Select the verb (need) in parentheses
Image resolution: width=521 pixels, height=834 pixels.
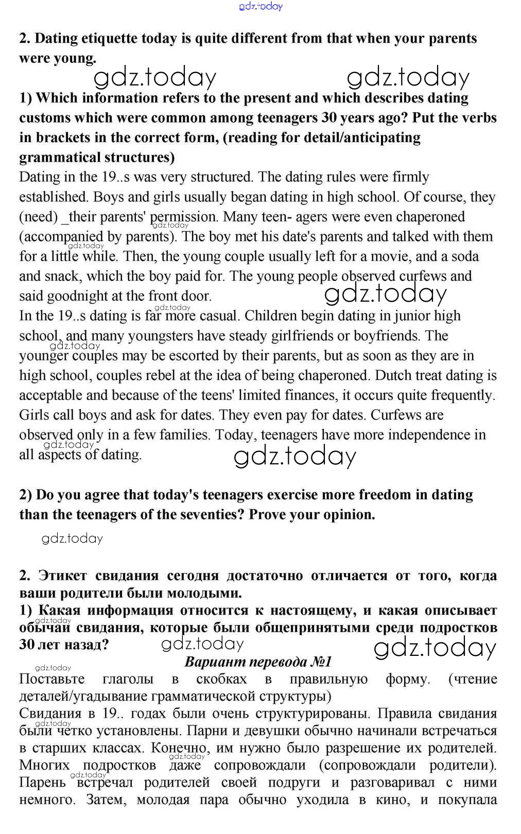39,217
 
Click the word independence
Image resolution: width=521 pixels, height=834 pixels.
424,435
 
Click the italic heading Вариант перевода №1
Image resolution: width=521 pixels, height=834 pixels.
258,662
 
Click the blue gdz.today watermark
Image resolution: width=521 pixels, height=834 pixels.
261,6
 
